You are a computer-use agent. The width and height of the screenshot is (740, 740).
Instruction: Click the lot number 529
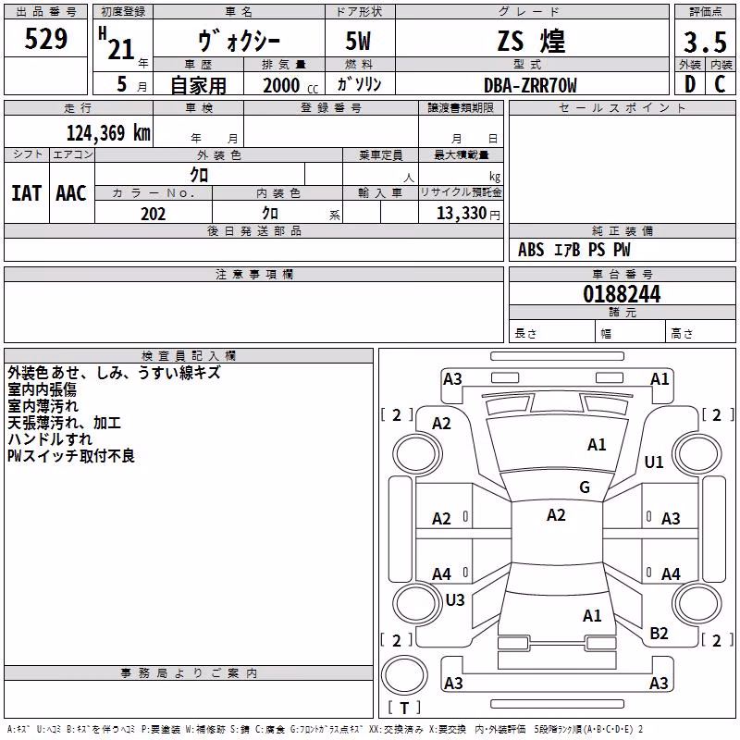[45, 39]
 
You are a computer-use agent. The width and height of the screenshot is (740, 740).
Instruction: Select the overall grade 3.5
[705, 43]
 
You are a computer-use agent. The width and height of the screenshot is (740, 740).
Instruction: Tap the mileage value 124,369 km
[108, 133]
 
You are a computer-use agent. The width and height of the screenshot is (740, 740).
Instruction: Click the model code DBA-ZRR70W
[530, 85]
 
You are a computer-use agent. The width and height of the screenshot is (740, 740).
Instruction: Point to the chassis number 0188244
[622, 294]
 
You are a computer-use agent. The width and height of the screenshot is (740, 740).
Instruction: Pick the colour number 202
[153, 214]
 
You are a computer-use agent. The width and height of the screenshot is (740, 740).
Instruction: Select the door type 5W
[358, 41]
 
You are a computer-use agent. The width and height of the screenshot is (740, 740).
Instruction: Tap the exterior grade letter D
[690, 84]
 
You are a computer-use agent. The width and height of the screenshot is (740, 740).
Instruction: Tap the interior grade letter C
[720, 84]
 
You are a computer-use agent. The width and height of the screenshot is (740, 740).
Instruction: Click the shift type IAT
[27, 193]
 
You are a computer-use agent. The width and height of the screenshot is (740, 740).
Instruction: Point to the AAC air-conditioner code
[71, 193]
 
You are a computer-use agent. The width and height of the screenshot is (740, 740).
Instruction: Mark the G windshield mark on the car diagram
[585, 487]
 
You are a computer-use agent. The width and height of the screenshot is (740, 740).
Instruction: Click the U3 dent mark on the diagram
[455, 599]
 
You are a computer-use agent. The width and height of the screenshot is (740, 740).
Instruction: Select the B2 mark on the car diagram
[659, 633]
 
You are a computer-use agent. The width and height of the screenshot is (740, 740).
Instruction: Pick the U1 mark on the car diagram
[654, 462]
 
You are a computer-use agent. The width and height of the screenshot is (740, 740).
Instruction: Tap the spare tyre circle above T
[404, 674]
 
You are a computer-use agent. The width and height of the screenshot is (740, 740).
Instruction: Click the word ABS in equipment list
[531, 250]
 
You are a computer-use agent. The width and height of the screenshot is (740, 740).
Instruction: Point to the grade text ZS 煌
[531, 41]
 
